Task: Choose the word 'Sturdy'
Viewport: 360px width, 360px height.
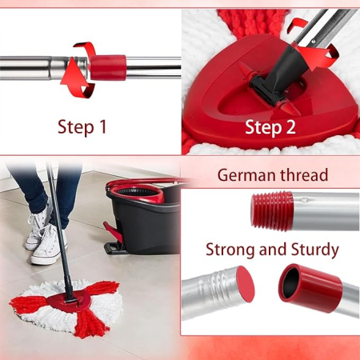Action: pos(311,249)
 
